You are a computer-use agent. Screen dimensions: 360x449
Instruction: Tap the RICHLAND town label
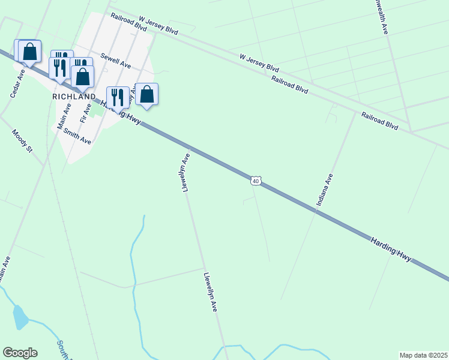[74, 97]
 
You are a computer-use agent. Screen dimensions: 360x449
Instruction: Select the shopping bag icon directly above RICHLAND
[83, 76]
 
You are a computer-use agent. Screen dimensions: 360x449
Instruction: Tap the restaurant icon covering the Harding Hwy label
[117, 97]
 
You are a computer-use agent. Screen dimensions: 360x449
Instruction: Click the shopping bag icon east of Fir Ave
[146, 94]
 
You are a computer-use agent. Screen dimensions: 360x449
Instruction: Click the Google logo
[20, 353]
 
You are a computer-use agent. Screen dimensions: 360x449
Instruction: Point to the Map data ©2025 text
[423, 355]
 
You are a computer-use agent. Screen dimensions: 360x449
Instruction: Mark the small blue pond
[20, 317]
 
